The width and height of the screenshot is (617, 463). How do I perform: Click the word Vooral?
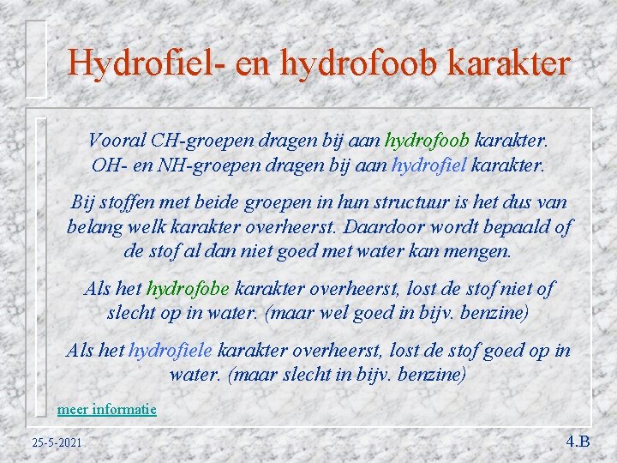(117, 140)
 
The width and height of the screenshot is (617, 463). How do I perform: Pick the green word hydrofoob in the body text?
(427, 140)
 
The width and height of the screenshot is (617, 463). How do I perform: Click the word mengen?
(479, 251)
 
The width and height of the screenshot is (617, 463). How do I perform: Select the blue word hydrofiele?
(171, 350)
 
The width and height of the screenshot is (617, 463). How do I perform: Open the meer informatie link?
(107, 409)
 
